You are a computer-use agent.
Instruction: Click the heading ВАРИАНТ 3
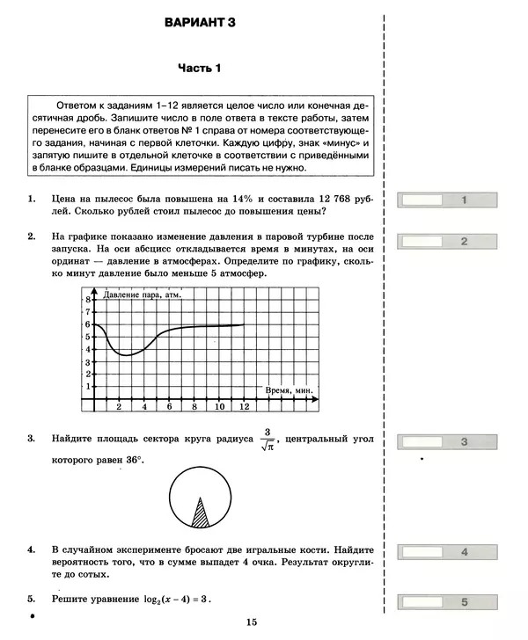(x=201, y=24)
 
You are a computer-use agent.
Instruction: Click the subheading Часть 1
(x=201, y=69)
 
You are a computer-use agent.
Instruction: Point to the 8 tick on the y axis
(x=88, y=300)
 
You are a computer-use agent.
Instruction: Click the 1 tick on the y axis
(x=88, y=387)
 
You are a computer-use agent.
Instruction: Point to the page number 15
(x=252, y=622)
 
